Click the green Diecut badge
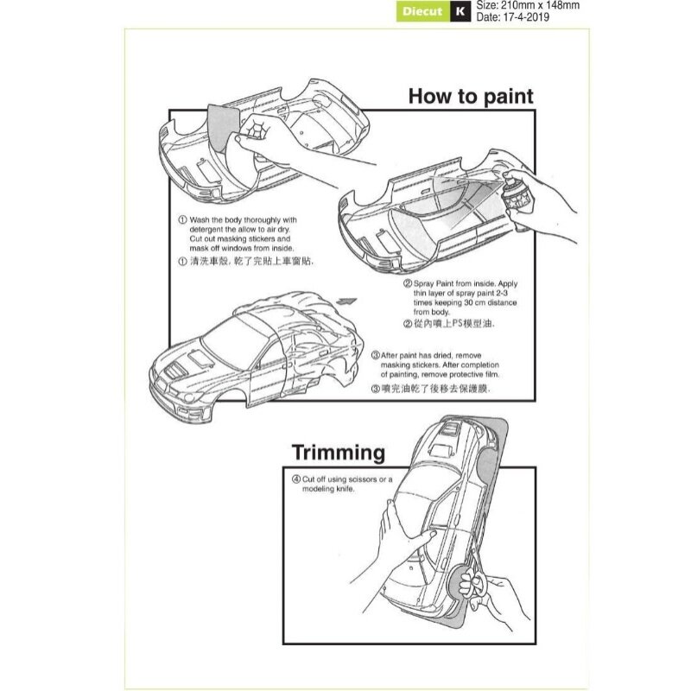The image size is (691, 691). pos(422,11)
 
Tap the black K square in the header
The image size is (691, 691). pos(460,11)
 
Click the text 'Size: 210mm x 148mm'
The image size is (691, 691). pos(528,5)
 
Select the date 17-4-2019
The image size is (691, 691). pos(526,17)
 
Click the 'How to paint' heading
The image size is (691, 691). pos(471,96)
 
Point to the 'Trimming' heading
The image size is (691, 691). pos(339,453)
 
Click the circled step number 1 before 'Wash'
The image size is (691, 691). pos(182,219)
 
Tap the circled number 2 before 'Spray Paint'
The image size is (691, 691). pos(407,283)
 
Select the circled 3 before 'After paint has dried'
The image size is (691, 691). pos(376,355)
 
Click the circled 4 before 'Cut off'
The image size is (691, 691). pos(296,479)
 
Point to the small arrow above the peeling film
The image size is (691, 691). pos(345,301)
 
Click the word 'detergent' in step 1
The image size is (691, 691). pos(206,229)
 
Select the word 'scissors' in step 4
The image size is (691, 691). pos(362,479)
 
